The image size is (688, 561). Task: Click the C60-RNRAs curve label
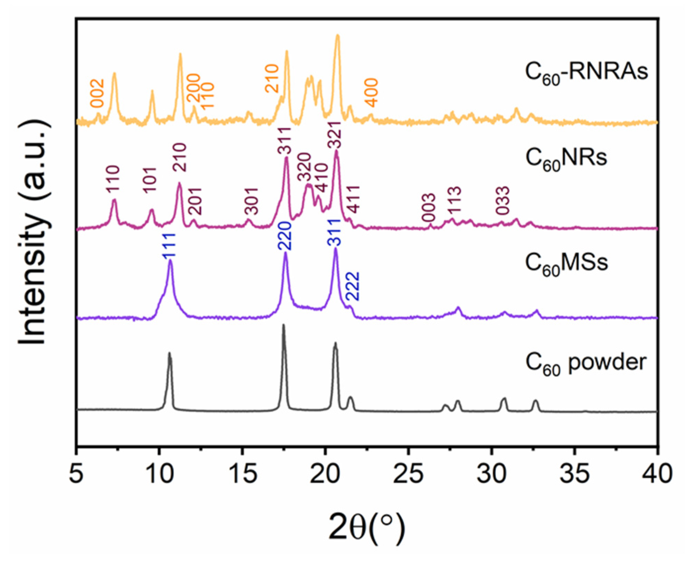[586, 73]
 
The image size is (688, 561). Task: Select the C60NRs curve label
[566, 159]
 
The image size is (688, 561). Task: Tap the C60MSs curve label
[566, 264]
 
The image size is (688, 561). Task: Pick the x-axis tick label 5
[76, 474]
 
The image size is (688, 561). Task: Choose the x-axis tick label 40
[657, 474]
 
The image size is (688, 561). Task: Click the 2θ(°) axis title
[366, 527]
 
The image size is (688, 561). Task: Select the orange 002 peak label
[97, 93]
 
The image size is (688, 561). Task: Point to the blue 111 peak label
[169, 246]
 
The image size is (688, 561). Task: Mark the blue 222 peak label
[353, 286]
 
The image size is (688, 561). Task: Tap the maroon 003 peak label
[429, 207]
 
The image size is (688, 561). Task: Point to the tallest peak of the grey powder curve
[284, 325]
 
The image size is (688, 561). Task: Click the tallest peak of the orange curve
[337, 36]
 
